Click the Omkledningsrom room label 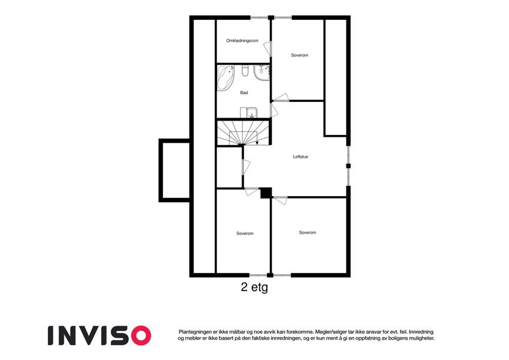[x=242, y=41]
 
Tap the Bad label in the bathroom [x=244, y=92]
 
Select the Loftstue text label [x=300, y=157]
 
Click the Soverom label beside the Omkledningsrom [x=299, y=55]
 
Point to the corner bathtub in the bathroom [x=225, y=78]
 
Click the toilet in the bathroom [x=245, y=71]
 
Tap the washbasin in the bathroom [x=252, y=113]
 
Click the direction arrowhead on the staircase [x=257, y=143]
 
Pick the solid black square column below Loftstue [x=266, y=193]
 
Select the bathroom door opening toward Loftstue [x=275, y=110]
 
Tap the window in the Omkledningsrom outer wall [x=260, y=17]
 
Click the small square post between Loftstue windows [x=348, y=166]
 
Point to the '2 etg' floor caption [x=254, y=287]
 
